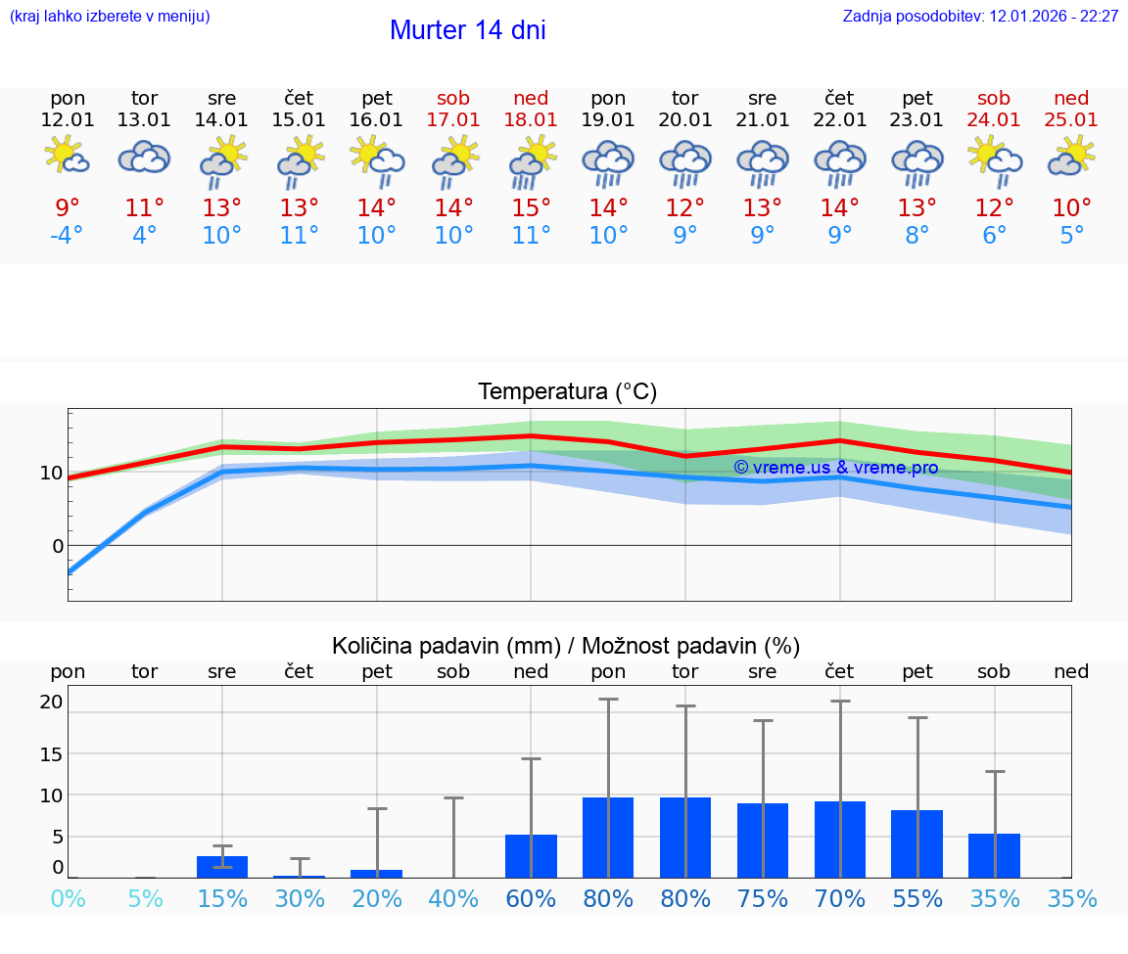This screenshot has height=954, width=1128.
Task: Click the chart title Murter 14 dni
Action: (467, 30)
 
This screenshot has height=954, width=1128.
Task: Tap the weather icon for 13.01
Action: (144, 158)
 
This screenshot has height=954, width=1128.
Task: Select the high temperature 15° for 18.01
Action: (531, 208)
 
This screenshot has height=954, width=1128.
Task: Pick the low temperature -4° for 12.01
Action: (67, 236)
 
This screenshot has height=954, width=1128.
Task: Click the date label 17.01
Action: (453, 120)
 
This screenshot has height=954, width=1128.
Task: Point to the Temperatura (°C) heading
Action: (567, 392)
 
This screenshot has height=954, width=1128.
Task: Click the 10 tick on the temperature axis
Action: (51, 474)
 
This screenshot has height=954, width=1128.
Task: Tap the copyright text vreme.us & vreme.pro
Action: (835, 468)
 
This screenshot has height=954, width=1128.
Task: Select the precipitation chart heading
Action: (566, 646)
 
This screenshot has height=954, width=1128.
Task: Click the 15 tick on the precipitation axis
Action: (52, 754)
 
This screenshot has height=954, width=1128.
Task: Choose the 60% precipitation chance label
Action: (531, 899)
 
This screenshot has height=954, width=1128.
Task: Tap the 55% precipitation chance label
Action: (917, 899)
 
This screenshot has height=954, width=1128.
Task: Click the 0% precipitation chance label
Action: (68, 899)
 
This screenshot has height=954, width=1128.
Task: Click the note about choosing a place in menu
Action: (110, 17)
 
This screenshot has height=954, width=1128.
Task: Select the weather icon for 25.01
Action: (1071, 158)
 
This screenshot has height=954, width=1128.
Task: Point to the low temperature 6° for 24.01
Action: (995, 236)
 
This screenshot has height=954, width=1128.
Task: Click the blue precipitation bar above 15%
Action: (222, 867)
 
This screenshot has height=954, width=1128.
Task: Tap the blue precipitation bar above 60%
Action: (531, 856)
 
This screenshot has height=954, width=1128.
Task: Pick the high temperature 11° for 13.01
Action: (144, 208)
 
